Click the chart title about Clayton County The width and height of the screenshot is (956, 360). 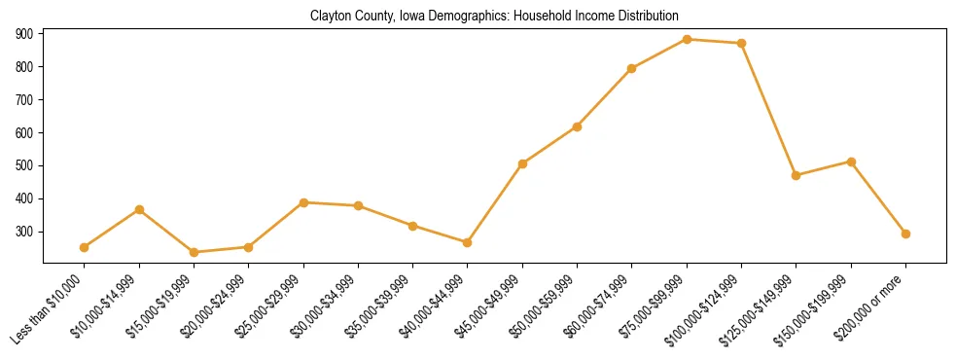point(494,17)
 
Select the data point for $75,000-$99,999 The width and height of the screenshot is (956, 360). point(687,39)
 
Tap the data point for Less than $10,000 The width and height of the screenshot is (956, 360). point(85,247)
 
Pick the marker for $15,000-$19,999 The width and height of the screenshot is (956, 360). point(194,252)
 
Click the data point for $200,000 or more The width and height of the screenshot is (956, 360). point(905,234)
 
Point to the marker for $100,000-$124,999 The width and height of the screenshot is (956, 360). point(741,43)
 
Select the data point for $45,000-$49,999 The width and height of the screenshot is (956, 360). point(522,163)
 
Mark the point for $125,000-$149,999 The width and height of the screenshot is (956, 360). point(797,175)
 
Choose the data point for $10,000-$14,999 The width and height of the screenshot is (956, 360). point(139,209)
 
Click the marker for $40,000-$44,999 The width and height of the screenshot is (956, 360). point(468,242)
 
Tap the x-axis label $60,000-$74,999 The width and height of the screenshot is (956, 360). point(601,307)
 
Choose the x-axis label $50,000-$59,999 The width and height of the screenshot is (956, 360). point(547,307)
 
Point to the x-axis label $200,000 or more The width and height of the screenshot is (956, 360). point(874,306)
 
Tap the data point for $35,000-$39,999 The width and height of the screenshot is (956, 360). point(412,226)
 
